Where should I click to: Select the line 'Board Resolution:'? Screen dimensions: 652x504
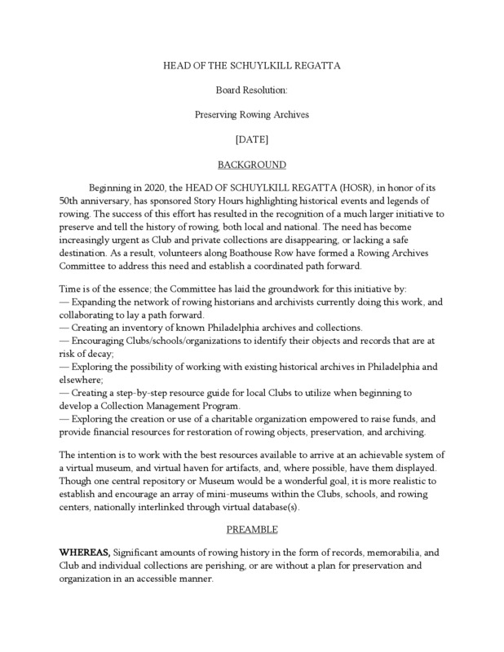(251, 90)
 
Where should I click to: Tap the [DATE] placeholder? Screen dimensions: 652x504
(251, 139)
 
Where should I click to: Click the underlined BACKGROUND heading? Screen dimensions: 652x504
(251, 164)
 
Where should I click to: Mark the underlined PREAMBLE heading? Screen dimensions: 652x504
(251, 530)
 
